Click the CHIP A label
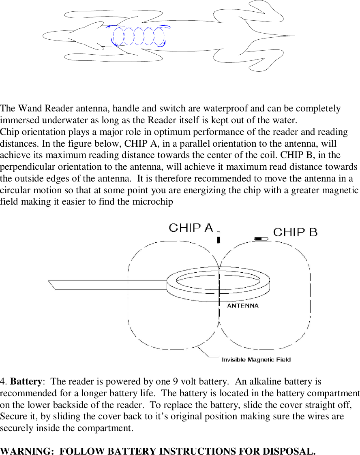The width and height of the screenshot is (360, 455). tap(191, 228)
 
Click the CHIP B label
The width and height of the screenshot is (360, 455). tap(295, 232)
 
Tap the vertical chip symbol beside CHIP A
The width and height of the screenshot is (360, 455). tap(219, 237)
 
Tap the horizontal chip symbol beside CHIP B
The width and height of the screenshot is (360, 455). tap(261, 239)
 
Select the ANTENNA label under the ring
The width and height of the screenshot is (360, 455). tap(243, 306)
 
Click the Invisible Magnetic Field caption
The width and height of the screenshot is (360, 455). tap(256, 359)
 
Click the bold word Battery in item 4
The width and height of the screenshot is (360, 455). tap(26, 382)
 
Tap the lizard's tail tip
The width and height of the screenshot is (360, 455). tap(293, 36)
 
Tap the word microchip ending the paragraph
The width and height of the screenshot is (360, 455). tap(156, 202)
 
